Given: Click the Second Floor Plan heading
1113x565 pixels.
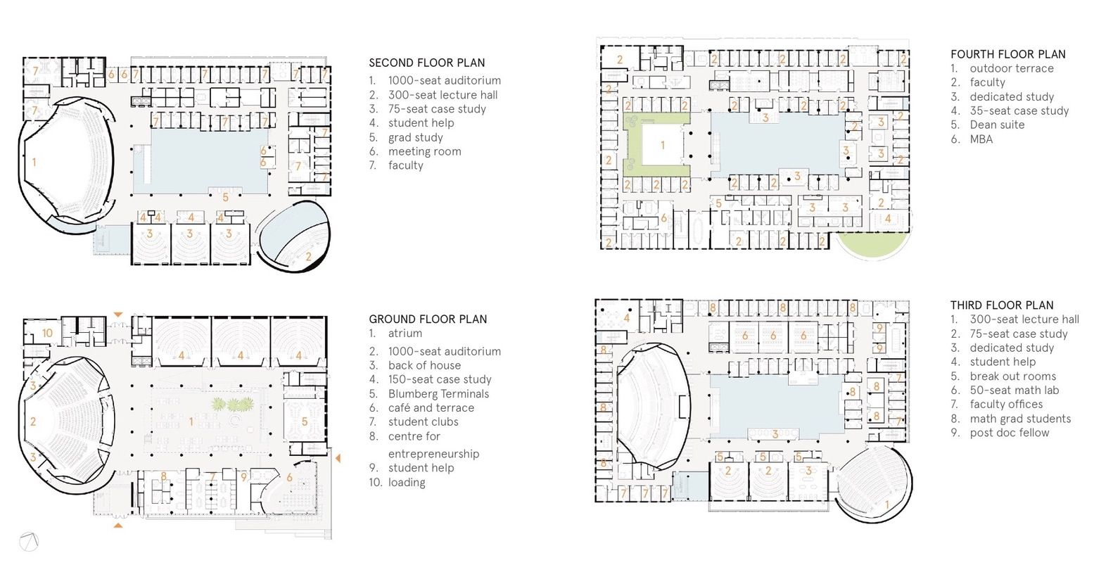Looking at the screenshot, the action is click(426, 63).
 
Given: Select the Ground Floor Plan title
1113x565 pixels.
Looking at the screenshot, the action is click(428, 319).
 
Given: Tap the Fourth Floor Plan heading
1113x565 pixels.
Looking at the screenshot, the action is click(1008, 54).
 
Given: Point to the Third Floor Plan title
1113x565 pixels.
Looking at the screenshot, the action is click(1002, 305).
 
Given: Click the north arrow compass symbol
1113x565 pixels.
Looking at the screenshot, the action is click(29, 542).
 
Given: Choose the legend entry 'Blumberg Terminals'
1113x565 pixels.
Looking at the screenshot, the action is click(438, 394).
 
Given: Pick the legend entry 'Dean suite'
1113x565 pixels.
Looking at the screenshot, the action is click(997, 125).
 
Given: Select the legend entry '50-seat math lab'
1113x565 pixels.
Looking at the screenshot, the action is click(1014, 391).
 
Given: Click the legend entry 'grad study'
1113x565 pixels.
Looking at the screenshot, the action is click(415, 138).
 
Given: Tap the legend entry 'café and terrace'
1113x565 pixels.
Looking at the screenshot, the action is click(431, 408).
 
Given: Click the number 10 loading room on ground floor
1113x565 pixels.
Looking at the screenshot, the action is click(47, 333).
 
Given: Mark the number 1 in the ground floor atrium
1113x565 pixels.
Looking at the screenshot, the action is click(191, 422).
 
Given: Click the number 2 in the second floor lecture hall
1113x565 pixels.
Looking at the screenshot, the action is click(309, 256).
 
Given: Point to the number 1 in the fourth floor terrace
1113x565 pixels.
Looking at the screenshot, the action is click(662, 145).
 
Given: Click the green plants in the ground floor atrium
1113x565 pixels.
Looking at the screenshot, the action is click(233, 404).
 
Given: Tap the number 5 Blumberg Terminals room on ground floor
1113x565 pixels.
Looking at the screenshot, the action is click(305, 422).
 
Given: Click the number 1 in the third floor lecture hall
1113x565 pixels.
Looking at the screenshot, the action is click(887, 505).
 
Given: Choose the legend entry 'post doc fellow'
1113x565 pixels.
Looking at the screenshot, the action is click(1009, 433).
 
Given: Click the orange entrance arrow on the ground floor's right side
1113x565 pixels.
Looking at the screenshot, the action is click(338, 457).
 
